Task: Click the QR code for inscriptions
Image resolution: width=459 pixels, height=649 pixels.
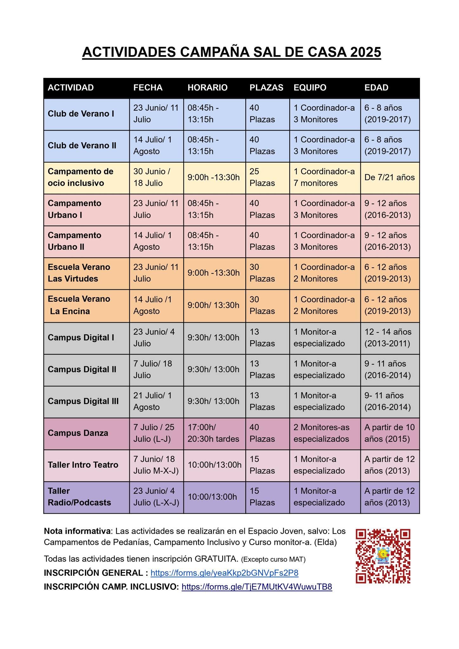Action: click(383, 556)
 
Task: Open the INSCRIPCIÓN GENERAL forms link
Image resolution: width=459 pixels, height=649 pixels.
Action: click(224, 573)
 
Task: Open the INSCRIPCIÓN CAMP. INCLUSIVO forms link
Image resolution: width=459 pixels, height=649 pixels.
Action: click(257, 587)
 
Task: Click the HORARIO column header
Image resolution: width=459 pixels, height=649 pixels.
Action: click(207, 88)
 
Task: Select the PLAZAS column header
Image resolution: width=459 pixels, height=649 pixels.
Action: click(266, 88)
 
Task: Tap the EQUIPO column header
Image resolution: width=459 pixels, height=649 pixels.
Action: click(310, 88)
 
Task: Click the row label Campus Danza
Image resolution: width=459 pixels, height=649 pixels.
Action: click(78, 433)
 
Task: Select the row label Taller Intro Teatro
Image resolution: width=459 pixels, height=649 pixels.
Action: click(83, 465)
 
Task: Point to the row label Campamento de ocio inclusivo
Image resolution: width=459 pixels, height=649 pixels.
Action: click(81, 177)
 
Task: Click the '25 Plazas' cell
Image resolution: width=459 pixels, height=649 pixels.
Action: click(262, 177)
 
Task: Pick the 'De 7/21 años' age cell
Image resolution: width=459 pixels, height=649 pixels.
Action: click(389, 177)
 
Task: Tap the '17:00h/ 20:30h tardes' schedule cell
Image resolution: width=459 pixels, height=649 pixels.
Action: click(213, 433)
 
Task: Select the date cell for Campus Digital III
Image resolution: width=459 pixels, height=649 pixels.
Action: click(152, 401)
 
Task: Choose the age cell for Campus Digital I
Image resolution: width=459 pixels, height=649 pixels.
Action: click(388, 337)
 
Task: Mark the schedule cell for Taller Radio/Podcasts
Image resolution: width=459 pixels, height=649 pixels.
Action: click(212, 497)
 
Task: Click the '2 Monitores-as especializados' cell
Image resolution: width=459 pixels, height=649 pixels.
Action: click(321, 433)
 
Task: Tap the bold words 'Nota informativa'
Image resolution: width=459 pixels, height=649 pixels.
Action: click(78, 531)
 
